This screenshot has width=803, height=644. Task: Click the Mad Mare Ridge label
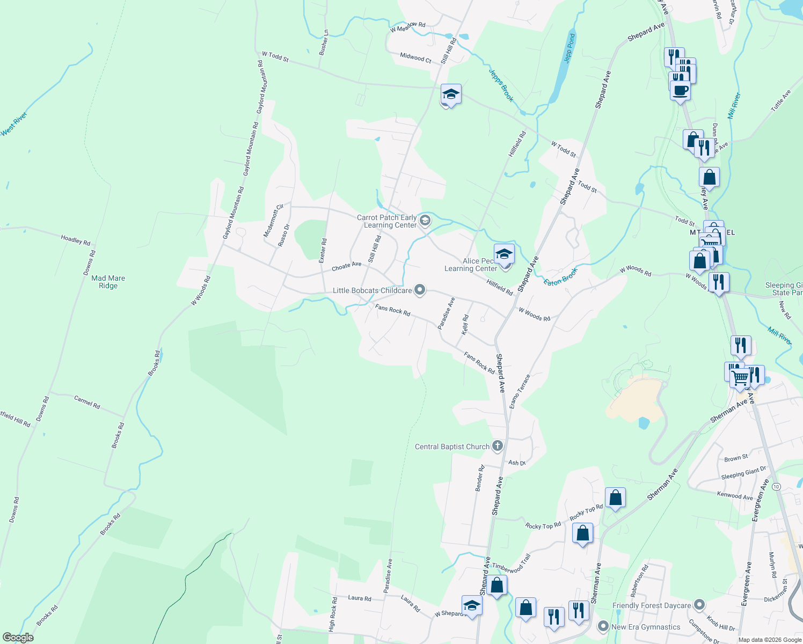pos(108,282)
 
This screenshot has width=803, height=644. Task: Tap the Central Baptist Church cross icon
pos(498,446)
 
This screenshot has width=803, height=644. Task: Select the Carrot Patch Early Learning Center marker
pos(425,221)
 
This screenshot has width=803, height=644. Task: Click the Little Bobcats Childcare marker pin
pos(420,290)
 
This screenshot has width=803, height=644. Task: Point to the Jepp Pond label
pos(570,48)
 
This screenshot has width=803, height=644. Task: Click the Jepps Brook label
pos(501,85)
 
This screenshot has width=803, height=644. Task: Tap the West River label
pos(14,124)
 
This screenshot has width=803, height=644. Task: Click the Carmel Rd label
pos(87,402)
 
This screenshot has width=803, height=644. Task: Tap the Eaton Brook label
pos(560,277)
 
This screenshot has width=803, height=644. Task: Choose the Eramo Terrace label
pos(520,390)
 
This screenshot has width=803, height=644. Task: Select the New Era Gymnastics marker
pos(603,626)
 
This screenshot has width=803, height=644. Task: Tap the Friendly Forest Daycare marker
pos(699,605)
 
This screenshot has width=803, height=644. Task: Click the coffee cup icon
pos(680,90)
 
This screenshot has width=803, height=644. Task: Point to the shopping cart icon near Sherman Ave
pos(740,378)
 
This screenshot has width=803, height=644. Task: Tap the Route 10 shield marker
pos(777,486)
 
